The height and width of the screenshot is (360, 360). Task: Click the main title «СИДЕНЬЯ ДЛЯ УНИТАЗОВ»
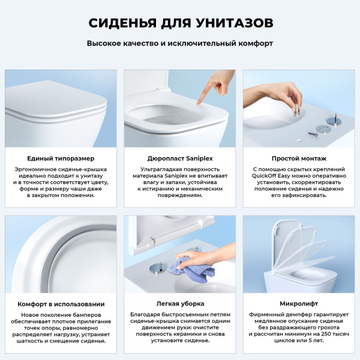[180, 23]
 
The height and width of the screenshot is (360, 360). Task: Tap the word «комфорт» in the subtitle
[253, 44]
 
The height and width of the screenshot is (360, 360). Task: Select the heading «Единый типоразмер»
[61, 158]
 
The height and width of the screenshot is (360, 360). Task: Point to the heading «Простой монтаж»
[298, 158]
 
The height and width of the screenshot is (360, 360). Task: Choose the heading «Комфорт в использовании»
[61, 304]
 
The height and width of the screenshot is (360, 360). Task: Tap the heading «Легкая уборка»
[180, 304]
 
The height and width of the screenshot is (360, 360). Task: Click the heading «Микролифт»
[298, 304]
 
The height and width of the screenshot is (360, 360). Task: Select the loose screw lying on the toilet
[314, 133]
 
